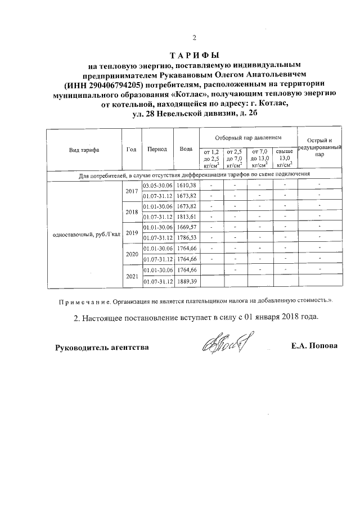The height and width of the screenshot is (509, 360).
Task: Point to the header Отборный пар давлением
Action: pyautogui.click(x=248, y=138)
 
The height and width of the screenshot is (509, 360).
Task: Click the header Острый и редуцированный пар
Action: pyautogui.click(x=319, y=146)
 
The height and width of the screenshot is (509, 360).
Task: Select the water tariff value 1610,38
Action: pyautogui.click(x=186, y=186)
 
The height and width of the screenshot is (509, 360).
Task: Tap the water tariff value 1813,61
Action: pyautogui.click(x=186, y=217)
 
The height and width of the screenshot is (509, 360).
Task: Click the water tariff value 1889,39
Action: pyautogui.click(x=186, y=281)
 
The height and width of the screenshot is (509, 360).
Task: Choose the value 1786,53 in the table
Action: pyautogui.click(x=186, y=238)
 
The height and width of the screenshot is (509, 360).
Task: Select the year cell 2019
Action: pyautogui.click(x=132, y=233)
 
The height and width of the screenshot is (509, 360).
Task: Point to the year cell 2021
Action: pyautogui.click(x=132, y=276)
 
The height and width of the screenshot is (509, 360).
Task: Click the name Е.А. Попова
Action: pyautogui.click(x=314, y=345)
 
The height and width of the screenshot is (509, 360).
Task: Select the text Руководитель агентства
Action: pyautogui.click(x=102, y=347)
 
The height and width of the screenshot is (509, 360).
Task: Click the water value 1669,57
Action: pyautogui.click(x=186, y=227)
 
